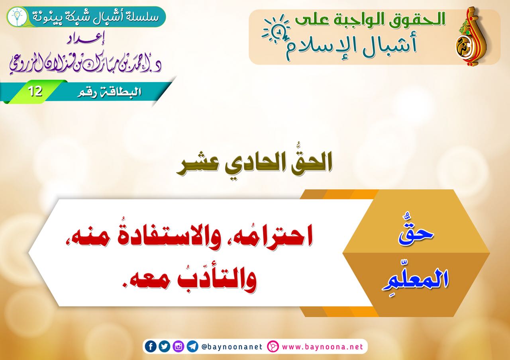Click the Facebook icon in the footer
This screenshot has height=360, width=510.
pos(151,346)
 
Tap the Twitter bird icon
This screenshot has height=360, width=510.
pos(165,346)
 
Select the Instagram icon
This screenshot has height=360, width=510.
pos(178,346)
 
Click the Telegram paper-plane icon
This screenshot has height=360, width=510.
pos(192,346)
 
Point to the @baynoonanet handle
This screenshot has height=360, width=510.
pos(232,347)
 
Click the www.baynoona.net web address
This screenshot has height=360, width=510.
pos(323,347)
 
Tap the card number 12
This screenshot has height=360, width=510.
pos(35,92)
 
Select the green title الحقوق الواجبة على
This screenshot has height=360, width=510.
pos(370,20)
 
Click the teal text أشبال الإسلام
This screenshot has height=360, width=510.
pos(351,45)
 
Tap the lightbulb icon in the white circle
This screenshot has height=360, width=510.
pos(17,17)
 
